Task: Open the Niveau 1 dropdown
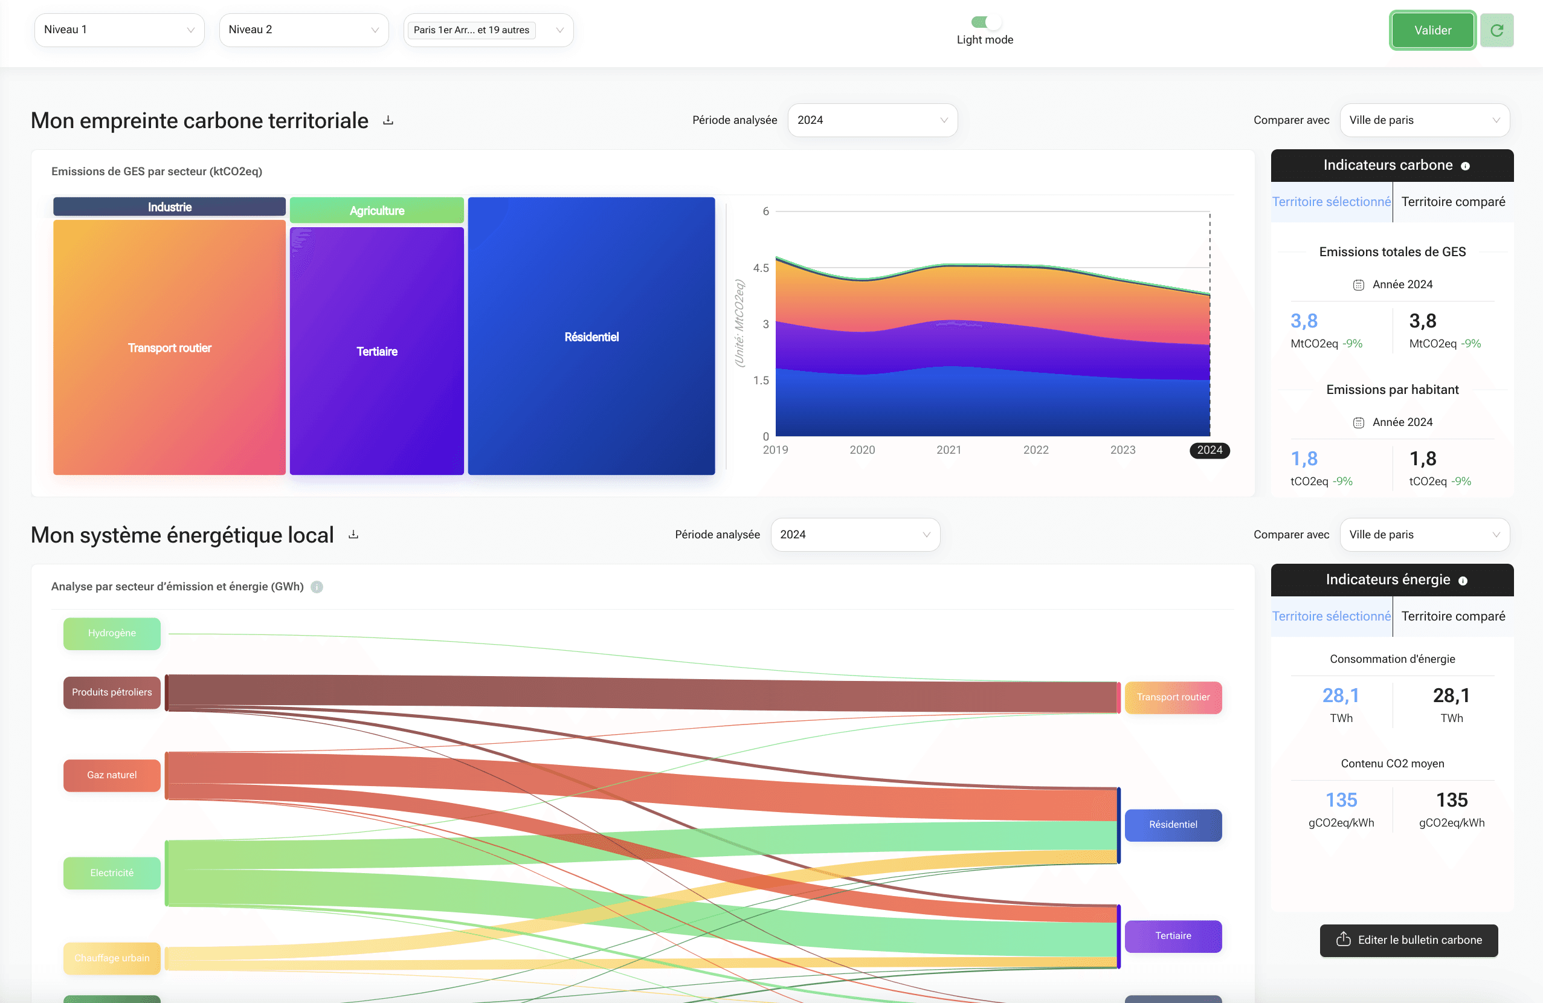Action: (119, 30)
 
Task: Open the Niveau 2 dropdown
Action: (303, 30)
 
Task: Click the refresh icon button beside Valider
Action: (1496, 30)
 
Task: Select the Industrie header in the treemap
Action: (169, 207)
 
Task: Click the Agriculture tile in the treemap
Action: (376, 211)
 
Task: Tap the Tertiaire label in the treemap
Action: (376, 352)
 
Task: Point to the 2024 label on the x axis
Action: (1209, 450)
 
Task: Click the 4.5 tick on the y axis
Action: (761, 268)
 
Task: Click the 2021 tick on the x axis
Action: (949, 450)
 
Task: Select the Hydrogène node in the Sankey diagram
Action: (112, 633)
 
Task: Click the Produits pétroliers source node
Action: (112, 692)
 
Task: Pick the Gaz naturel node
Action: (112, 775)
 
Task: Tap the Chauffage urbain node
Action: (112, 958)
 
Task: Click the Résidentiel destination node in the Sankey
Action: (1173, 825)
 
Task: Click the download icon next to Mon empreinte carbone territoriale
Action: (388, 121)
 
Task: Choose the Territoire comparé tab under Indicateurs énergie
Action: (1453, 616)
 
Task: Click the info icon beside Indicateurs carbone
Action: (1464, 167)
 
